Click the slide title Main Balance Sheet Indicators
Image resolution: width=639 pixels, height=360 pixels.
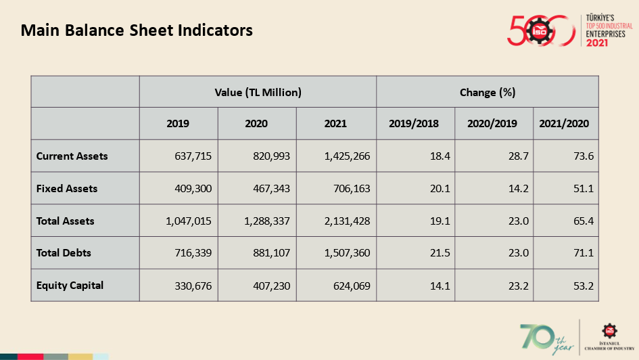(137, 30)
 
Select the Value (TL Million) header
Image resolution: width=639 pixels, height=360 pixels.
(258, 93)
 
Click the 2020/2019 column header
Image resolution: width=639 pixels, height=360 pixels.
(492, 124)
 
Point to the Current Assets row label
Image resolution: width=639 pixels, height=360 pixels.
(72, 156)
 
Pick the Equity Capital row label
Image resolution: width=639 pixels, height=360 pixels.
(70, 286)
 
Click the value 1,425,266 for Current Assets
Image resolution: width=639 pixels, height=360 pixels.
(347, 156)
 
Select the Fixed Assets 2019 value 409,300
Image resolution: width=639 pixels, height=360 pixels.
(193, 188)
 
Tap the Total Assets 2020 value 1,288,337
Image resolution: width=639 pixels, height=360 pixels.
(267, 221)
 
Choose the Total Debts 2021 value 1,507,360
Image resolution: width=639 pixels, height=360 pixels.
(347, 253)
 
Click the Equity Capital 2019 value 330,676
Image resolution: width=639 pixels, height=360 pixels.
(193, 286)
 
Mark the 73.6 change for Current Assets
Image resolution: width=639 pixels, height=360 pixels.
(584, 156)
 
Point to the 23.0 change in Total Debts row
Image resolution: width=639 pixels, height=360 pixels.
(519, 253)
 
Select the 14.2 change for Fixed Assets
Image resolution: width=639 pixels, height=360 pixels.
(519, 188)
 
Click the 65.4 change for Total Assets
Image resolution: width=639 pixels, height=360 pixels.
(584, 221)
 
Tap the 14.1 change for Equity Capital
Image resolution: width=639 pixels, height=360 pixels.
(440, 286)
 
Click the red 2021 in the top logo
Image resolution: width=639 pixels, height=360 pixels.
(597, 43)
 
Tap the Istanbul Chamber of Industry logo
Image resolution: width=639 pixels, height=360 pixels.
(610, 337)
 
